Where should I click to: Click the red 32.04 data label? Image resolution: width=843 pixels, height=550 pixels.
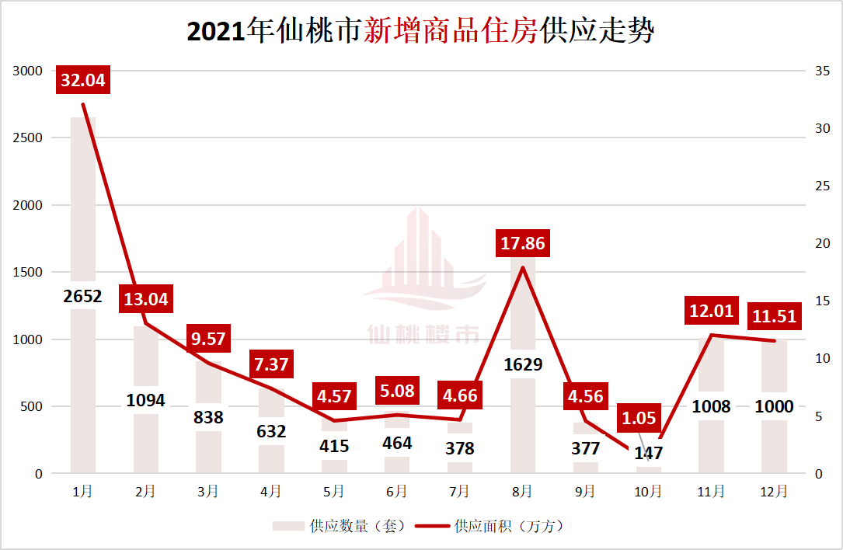click(x=82, y=80)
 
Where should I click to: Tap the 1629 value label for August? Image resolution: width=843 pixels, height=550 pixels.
click(x=522, y=364)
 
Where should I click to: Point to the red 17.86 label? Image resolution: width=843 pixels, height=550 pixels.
click(x=522, y=243)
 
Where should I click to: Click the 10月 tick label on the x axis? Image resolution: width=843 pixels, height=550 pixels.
click(x=648, y=492)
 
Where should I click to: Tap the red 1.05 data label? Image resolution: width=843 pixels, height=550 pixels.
click(x=639, y=418)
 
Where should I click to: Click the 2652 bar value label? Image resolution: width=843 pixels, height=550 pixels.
click(x=83, y=296)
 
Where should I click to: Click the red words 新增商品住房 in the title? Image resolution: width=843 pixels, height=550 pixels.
click(x=451, y=32)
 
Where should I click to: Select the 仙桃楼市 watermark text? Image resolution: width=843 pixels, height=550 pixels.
click(x=423, y=335)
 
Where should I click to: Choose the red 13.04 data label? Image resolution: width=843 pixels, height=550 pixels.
click(x=145, y=299)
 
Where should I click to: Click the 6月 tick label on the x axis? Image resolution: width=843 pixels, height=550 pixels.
click(x=396, y=492)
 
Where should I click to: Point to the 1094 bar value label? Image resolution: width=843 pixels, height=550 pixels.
click(x=145, y=401)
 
